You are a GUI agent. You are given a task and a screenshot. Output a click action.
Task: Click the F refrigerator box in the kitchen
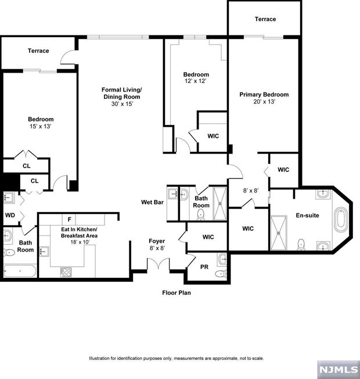click(x=70, y=219)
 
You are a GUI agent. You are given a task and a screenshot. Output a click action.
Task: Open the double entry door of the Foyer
click(x=157, y=264)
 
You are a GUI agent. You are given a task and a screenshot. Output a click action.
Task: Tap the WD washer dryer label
click(x=10, y=215)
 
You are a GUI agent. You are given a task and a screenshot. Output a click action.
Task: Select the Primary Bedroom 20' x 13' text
click(x=264, y=98)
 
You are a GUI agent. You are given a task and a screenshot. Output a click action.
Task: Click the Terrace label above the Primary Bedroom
click(x=265, y=19)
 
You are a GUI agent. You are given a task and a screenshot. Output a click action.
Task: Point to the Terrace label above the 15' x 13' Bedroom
click(x=38, y=51)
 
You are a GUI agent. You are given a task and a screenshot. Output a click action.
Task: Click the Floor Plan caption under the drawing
click(x=176, y=292)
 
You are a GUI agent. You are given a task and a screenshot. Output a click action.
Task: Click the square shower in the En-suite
click(x=280, y=231)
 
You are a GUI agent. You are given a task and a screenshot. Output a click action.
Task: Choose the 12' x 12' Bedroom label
click(x=196, y=78)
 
